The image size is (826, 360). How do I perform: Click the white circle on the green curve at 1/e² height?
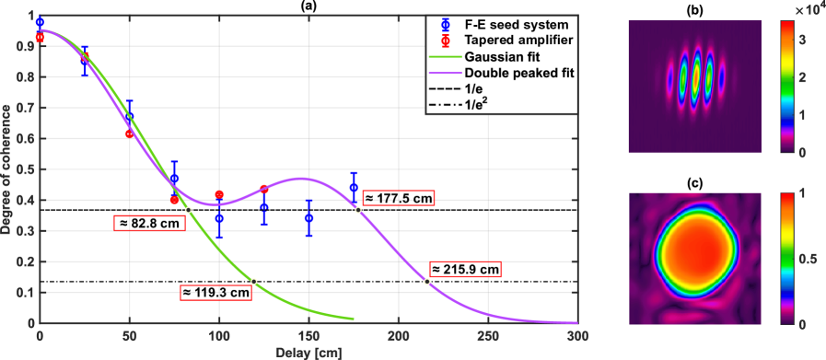tap(254, 281)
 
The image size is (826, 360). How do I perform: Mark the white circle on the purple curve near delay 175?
tap(358, 210)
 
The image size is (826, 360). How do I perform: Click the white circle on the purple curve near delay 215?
tap(427, 281)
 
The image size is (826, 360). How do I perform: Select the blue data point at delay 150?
tap(309, 218)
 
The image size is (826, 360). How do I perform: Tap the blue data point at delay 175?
tap(355, 188)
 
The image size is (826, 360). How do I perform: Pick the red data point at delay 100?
tap(219, 194)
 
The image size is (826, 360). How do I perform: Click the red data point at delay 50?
tap(130, 134)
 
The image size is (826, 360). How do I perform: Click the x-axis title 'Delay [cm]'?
tap(307, 353)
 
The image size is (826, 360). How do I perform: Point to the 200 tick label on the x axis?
tap(399, 337)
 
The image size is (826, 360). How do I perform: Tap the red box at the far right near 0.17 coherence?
tap(465, 269)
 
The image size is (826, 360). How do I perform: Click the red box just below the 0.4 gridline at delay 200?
tap(399, 198)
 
